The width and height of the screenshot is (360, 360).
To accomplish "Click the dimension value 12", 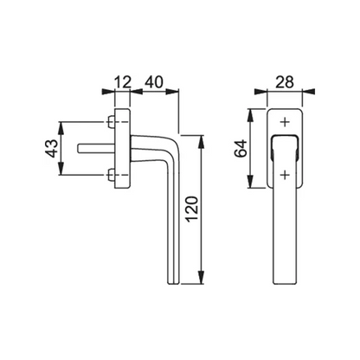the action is coord(123,82).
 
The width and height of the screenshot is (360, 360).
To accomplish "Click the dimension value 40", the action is coord(154,82).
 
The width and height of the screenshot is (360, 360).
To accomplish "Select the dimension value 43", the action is coord(51,149).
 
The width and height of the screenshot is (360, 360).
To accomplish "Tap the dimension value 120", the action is coord(192,209).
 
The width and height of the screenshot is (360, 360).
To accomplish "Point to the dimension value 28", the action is coord(285,82).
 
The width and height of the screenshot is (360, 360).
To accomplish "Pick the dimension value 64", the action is coord(241,148).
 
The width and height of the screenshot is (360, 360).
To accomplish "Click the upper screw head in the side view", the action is coord(111,122).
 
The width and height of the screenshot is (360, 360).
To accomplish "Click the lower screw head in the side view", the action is coord(111,176).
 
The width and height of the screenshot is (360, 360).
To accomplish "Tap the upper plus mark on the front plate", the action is coord(285,122).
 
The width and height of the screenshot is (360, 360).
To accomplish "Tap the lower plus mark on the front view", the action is coord(285,175).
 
